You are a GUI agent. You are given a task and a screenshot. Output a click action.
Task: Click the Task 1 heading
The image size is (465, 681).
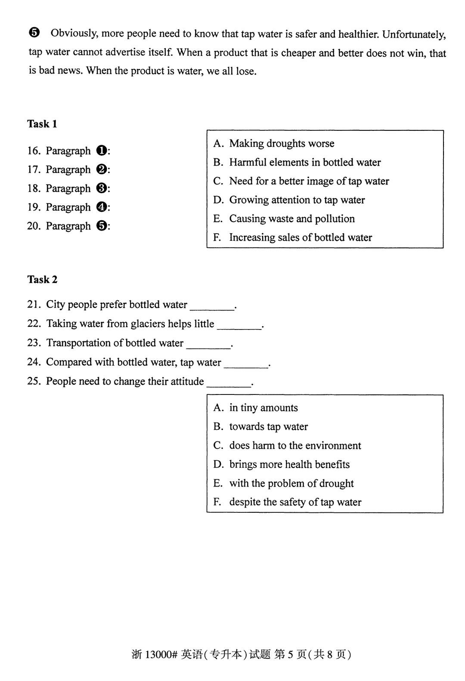tap(42, 124)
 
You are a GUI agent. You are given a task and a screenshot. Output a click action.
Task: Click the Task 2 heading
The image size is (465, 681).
tap(42, 280)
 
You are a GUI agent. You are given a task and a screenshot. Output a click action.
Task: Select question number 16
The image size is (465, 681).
tap(34, 151)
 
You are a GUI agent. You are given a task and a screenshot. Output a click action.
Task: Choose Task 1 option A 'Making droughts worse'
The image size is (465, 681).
tap(281, 144)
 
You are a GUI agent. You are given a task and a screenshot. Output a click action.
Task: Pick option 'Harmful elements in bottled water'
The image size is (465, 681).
tap(304, 163)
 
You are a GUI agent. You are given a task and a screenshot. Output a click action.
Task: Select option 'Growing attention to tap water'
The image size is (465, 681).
tap(297, 200)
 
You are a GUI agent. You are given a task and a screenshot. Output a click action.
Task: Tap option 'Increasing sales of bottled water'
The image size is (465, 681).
tap(300, 237)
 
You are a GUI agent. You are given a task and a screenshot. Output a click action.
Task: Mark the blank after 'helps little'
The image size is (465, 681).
tap(239, 325)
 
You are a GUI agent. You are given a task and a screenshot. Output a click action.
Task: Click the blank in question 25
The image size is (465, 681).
tap(229, 383)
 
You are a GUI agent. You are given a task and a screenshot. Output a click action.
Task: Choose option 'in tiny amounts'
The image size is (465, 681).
tap(263, 408)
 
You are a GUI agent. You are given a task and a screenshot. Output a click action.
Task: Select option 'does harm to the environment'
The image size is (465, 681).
tap(295, 446)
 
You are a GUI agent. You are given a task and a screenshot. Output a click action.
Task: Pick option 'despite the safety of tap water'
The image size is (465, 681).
tap(295, 502)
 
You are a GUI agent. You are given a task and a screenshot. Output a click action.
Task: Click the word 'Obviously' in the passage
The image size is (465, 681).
tap(74, 34)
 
